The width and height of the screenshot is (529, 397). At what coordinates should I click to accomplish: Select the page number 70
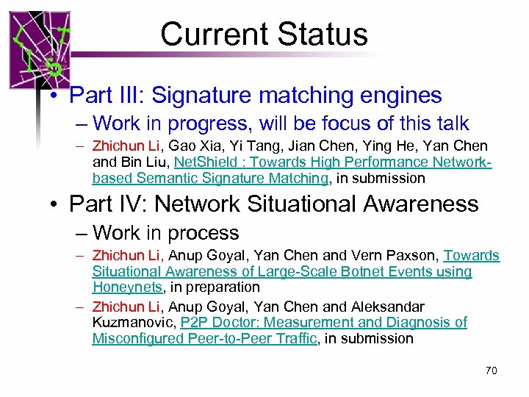pos(491,371)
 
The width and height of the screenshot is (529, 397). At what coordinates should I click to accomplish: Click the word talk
pos(447,124)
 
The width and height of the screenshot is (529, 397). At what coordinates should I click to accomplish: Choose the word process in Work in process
pos(203,233)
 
